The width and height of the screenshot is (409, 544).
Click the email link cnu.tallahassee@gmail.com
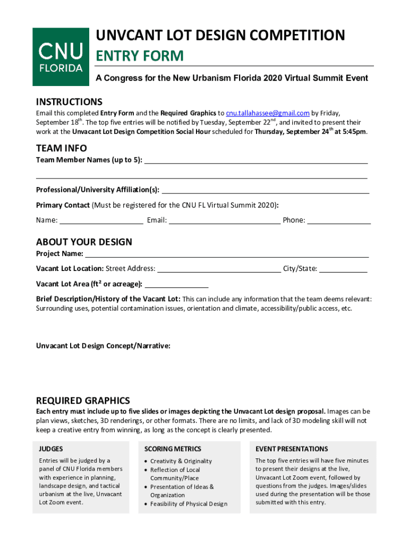click(267, 113)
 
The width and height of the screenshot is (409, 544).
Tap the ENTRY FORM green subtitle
click(139, 56)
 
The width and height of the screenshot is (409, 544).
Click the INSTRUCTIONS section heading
click(69, 101)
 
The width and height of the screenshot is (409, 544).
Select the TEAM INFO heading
click(61, 148)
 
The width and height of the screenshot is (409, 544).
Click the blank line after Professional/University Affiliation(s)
click(265, 190)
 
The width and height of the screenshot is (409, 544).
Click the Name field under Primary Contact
click(101, 220)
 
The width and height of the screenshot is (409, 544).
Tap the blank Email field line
click(225, 220)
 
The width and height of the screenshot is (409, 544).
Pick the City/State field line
click(343, 268)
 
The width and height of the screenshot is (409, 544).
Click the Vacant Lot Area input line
click(176, 284)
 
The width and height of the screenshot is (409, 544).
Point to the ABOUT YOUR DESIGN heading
click(84, 242)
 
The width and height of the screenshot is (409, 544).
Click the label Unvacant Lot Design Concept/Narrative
click(103, 346)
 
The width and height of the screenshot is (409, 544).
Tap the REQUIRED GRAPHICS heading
click(82, 401)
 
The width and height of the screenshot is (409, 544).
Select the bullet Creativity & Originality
click(181, 461)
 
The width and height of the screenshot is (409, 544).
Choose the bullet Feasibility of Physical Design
click(189, 504)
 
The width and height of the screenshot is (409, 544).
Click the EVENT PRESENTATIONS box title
click(292, 449)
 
